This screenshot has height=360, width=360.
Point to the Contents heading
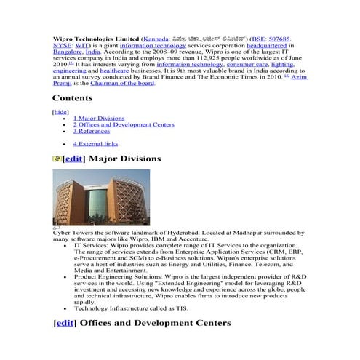point(72,98)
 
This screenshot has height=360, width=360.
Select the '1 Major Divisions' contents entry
point(99,118)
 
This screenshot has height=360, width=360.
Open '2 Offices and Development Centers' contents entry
point(124,124)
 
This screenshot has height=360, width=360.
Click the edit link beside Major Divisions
point(74,158)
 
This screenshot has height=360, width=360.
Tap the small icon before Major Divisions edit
point(57,158)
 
